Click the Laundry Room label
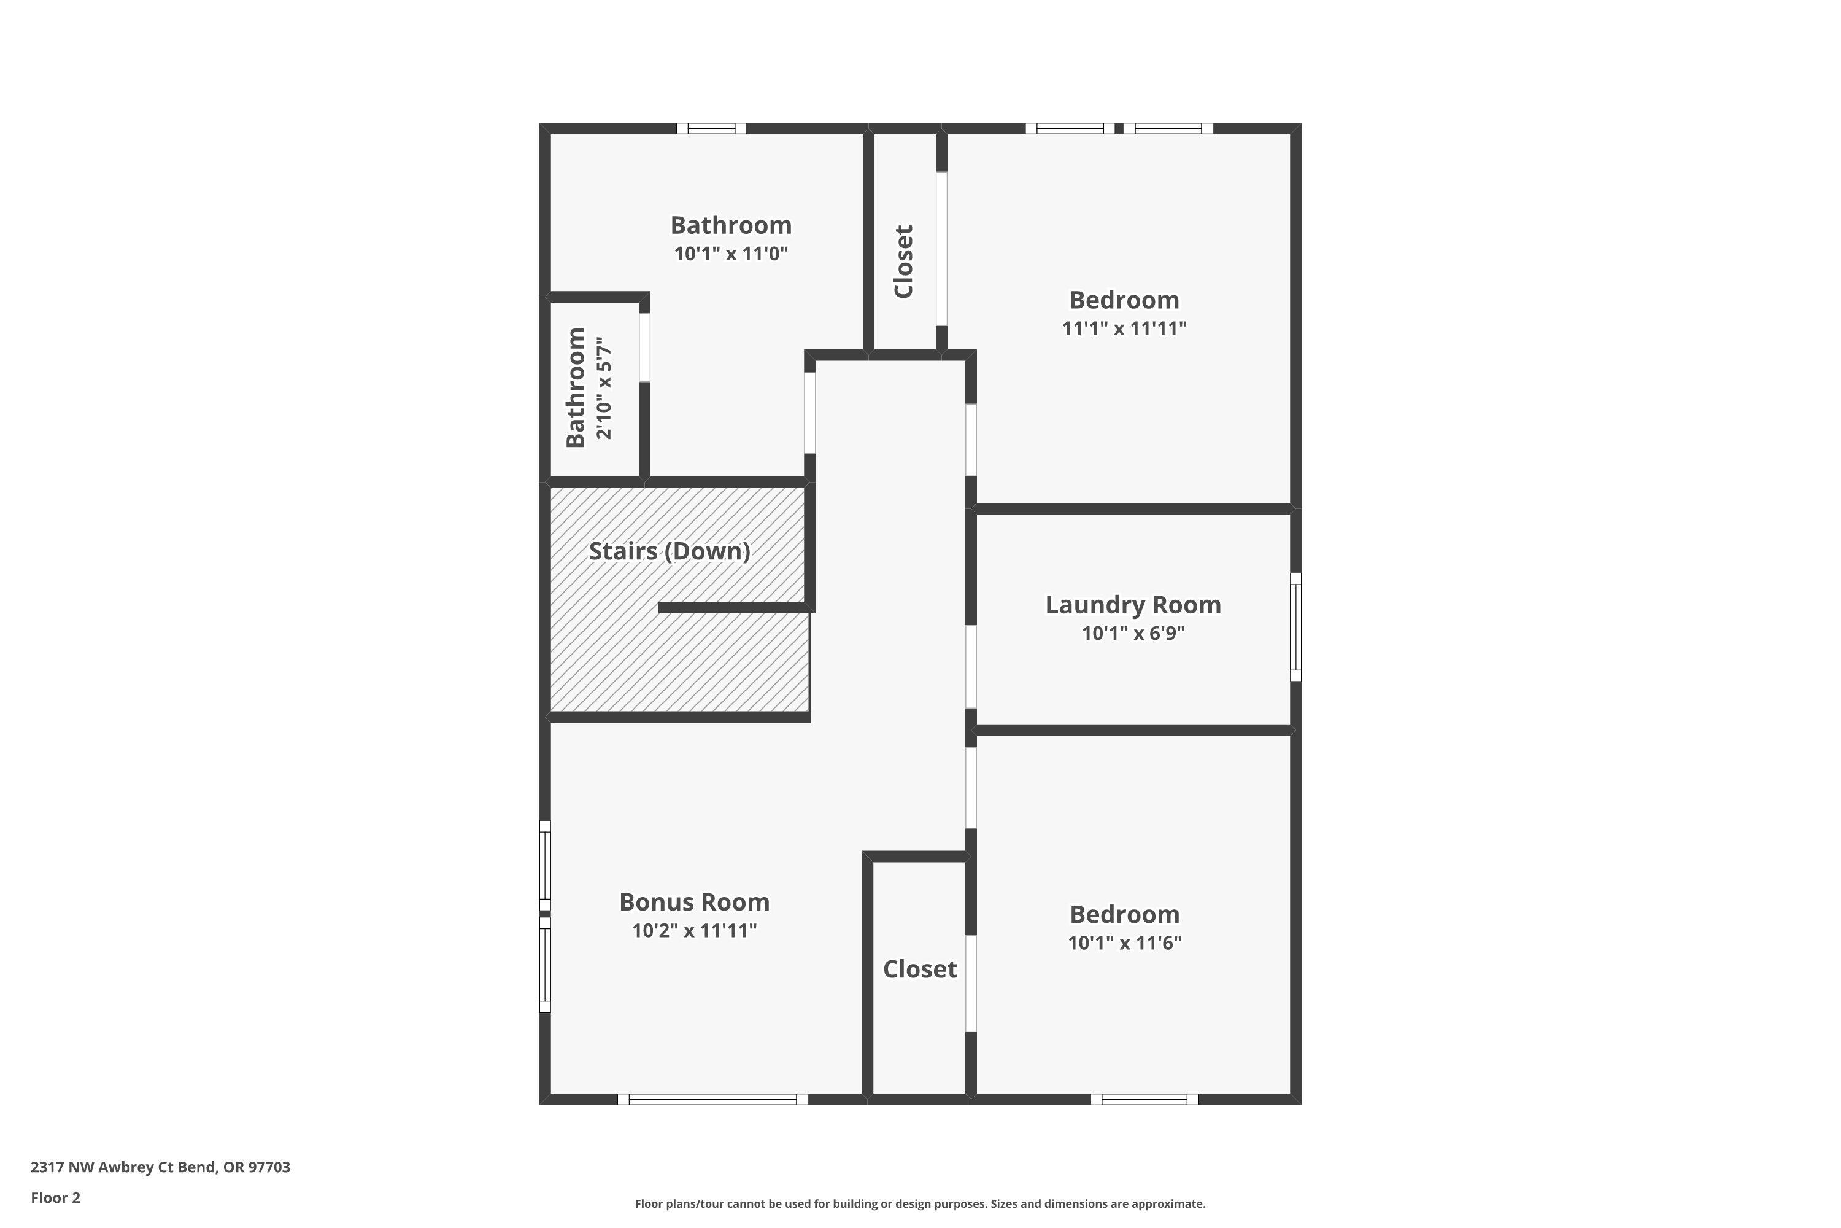tap(1133, 605)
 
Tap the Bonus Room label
tap(694, 902)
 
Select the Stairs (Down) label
tap(670, 551)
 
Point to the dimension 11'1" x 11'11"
tap(1124, 329)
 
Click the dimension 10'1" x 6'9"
tap(1133, 633)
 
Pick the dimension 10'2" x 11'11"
tap(694, 930)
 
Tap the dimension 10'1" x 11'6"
tap(1124, 943)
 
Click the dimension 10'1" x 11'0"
tap(730, 254)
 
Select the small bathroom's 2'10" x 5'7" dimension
tap(603, 389)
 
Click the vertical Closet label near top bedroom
tap(904, 262)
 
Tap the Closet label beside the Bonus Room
tap(920, 970)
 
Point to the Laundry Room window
tap(1295, 626)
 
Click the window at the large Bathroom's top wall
tap(711, 128)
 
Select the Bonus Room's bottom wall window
tap(712, 1100)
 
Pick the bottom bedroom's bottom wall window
tap(1144, 1100)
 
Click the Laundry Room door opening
tap(971, 666)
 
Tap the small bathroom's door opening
tap(644, 348)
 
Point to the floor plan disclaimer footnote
tap(920, 1203)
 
